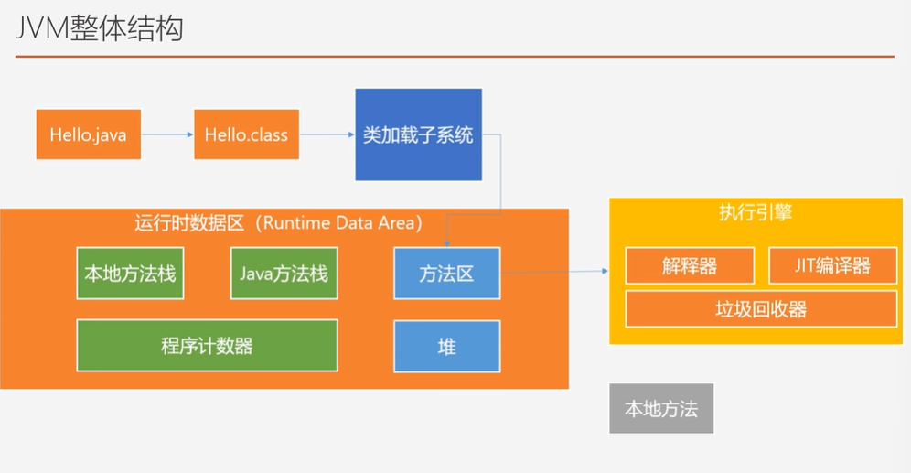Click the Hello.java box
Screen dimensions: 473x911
tap(89, 134)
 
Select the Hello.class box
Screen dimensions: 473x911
tap(246, 134)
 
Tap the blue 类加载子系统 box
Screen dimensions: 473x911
tap(418, 134)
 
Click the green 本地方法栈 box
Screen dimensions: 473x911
tap(130, 273)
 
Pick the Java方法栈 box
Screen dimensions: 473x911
tap(284, 273)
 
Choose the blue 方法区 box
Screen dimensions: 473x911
tap(447, 273)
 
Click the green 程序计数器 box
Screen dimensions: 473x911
tap(207, 346)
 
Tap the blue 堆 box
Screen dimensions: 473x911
tap(447, 346)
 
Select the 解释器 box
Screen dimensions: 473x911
tap(690, 265)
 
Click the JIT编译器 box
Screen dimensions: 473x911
tap(832, 265)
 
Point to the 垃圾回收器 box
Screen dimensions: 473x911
tap(761, 308)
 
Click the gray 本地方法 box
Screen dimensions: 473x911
tap(661, 408)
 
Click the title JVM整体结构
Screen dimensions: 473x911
tap(100, 28)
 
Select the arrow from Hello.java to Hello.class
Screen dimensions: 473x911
tap(167, 135)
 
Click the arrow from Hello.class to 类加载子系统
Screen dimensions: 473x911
tap(327, 135)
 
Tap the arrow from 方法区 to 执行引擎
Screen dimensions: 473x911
tap(553, 271)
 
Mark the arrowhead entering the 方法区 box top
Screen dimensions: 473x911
tap(445, 243)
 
